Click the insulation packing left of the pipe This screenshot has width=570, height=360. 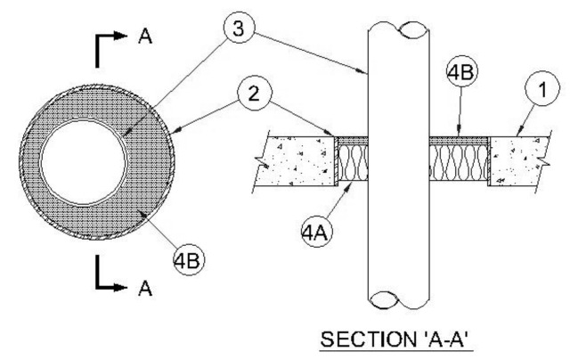pyautogui.click(x=352, y=164)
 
